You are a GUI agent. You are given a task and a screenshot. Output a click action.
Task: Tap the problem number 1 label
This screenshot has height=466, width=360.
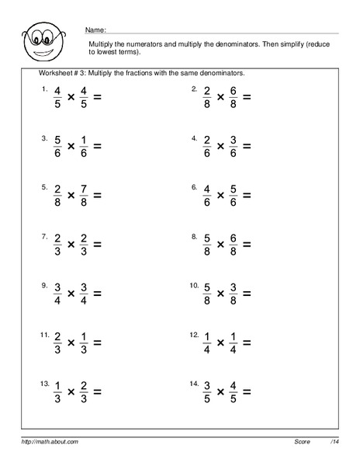pos(43,89)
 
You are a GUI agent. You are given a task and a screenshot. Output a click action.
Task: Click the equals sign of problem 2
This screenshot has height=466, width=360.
pos(247,98)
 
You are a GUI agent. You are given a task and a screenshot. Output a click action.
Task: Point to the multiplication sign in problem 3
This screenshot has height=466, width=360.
pos(71,146)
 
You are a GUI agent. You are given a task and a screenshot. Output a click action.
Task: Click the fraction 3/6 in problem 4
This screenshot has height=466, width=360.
pos(234,146)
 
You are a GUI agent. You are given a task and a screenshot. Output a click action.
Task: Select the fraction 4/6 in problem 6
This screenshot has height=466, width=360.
pos(207,193)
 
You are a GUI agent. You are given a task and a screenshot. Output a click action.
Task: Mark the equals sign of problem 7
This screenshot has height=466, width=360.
pos(99,243)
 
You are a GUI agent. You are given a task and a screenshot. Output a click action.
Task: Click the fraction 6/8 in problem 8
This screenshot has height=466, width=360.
pos(234,243)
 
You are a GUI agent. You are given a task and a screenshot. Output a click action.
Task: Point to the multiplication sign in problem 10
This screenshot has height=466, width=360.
pos(220,292)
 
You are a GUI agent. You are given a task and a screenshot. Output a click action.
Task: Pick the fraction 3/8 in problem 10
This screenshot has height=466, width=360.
pos(234,292)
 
